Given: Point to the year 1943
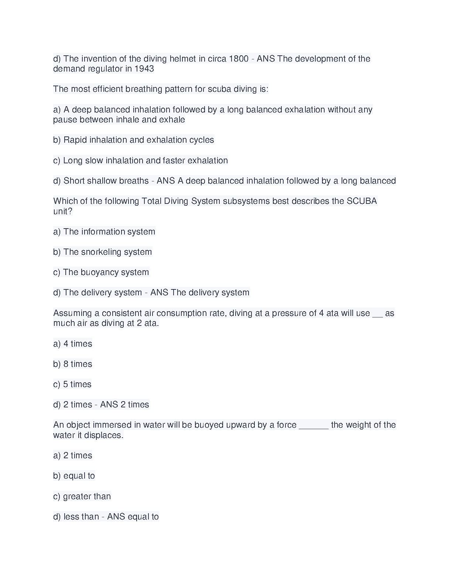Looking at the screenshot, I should point(144,69).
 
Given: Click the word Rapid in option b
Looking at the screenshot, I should point(75,140).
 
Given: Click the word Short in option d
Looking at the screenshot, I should point(75,181).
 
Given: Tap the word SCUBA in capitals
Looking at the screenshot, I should point(362,201).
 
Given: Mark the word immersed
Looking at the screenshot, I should point(112,425).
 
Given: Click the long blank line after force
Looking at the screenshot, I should point(314,427).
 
